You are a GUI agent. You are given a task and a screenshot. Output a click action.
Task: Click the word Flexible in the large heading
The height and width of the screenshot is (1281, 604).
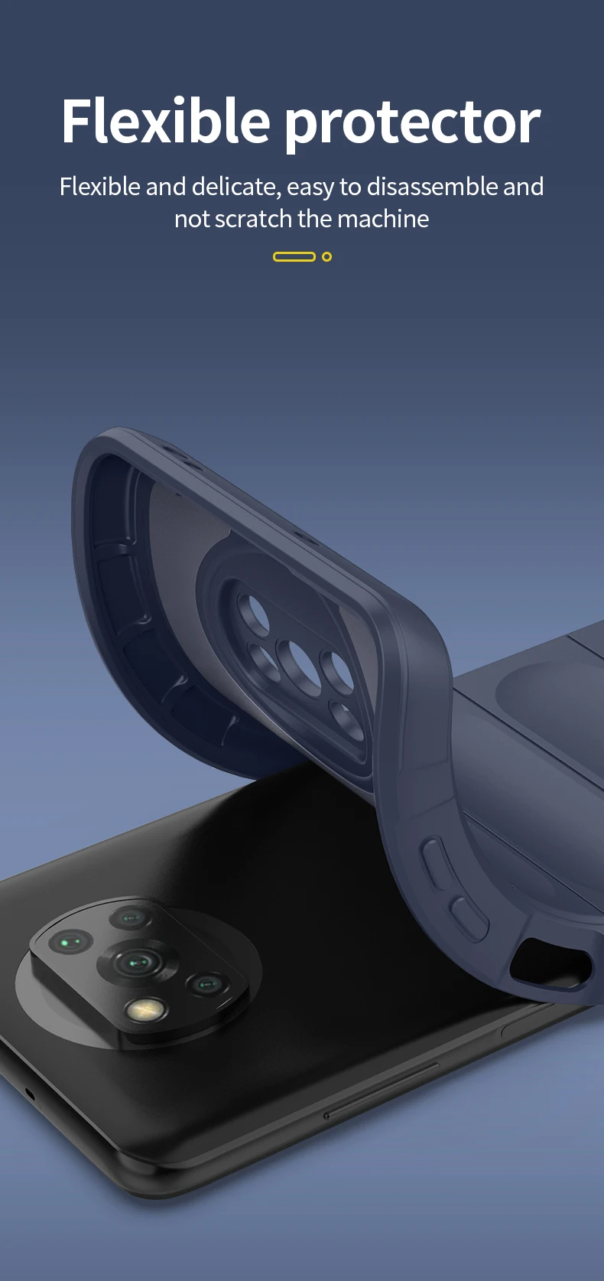click(x=166, y=121)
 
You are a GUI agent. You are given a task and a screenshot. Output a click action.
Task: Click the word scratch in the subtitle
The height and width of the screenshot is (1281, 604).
click(x=253, y=219)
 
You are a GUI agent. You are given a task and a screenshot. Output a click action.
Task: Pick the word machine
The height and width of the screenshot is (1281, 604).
click(x=383, y=219)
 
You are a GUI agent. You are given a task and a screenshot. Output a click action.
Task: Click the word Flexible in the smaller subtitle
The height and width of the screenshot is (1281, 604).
click(x=99, y=187)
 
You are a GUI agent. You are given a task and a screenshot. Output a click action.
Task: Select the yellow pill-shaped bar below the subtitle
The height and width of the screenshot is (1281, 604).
click(x=294, y=257)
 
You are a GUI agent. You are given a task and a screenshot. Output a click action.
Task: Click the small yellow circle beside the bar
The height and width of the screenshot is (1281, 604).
click(x=327, y=257)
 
